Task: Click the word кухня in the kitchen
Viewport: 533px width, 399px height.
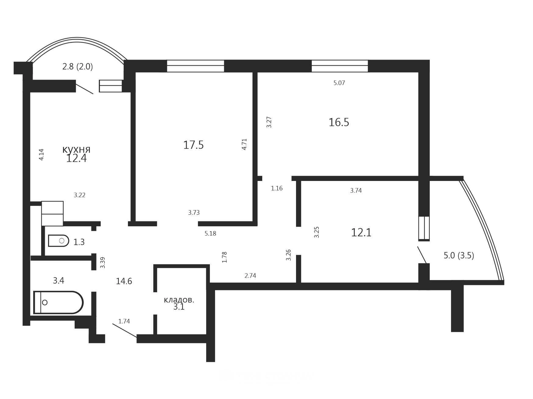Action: (x=76, y=149)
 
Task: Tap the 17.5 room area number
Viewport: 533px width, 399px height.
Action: (x=193, y=145)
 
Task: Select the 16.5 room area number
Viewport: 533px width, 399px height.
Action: (x=339, y=122)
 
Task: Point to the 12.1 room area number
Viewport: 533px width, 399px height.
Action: (x=361, y=233)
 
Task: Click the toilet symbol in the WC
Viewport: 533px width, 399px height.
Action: (x=58, y=241)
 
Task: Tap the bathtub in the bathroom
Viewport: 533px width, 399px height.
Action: (x=58, y=302)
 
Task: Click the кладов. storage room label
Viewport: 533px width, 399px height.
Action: (x=179, y=300)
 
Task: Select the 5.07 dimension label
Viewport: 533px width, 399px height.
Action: (x=339, y=83)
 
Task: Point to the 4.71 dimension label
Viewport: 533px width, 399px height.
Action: (x=244, y=144)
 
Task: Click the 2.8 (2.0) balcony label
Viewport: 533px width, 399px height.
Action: (x=78, y=67)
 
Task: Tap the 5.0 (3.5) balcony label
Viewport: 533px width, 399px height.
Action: (x=459, y=255)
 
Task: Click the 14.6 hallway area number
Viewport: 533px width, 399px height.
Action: (x=124, y=281)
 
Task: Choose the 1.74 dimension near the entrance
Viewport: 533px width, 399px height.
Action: (x=124, y=321)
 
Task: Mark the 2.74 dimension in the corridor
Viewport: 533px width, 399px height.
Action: (x=250, y=276)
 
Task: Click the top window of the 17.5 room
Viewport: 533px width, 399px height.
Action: (x=196, y=66)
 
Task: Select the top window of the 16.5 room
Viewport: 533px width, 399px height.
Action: (x=340, y=66)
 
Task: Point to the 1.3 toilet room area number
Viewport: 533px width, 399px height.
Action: (x=79, y=242)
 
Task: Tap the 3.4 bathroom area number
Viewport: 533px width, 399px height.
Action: (x=58, y=280)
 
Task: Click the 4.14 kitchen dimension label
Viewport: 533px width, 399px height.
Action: (x=42, y=154)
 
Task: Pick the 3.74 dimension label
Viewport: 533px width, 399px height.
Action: (x=356, y=191)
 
